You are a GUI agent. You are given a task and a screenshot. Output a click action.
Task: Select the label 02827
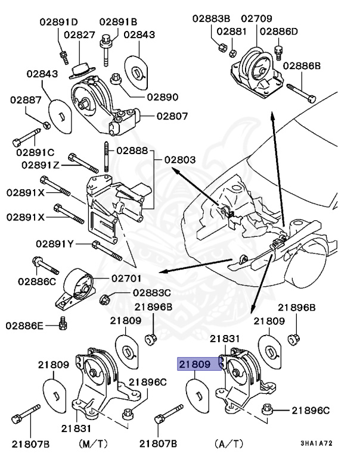(79, 35)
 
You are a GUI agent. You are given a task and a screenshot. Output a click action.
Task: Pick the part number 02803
(180, 160)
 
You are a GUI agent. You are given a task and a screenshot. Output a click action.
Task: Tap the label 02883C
(152, 292)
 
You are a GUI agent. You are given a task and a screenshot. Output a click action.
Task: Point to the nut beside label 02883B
(220, 45)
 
